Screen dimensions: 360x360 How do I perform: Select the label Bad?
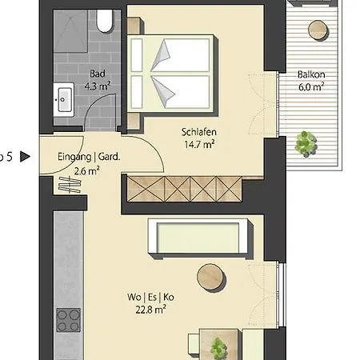coord(97,74)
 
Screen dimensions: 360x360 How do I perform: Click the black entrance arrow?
coord(24,157)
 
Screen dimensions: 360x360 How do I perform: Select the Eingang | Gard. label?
coord(88,158)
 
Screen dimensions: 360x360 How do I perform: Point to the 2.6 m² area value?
coord(87,170)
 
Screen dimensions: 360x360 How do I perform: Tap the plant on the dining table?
coord(217,347)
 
